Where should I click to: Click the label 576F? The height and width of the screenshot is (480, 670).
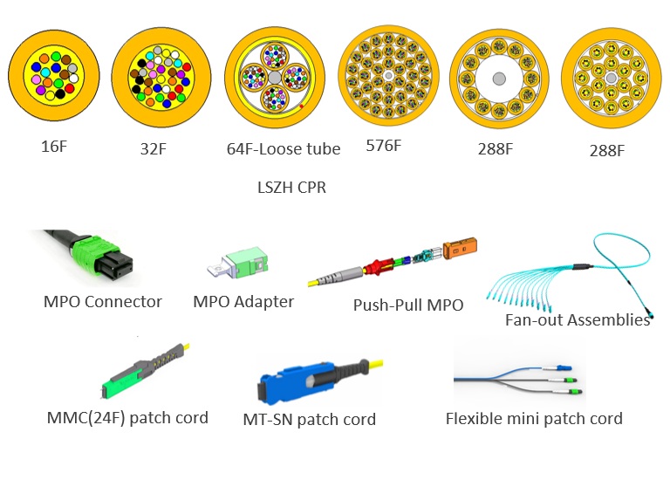(x=384, y=145)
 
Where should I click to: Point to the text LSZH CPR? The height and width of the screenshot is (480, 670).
(x=286, y=187)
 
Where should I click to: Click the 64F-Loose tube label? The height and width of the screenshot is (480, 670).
(x=284, y=148)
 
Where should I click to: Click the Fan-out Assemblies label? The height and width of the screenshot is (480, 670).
(x=578, y=319)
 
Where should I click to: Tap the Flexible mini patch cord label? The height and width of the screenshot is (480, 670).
(x=534, y=418)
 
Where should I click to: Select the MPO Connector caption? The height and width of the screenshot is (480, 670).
(x=103, y=302)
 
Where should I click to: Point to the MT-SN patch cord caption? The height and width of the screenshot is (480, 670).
(x=309, y=420)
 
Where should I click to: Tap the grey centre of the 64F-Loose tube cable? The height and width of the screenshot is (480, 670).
(x=273, y=78)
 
